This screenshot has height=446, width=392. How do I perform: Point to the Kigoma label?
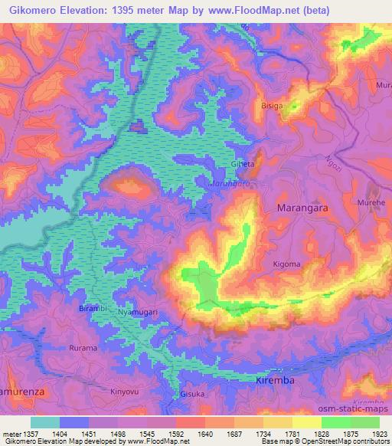[x=286, y=264]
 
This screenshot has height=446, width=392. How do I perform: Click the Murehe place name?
[x=370, y=202]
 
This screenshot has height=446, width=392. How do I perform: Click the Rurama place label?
[x=83, y=348]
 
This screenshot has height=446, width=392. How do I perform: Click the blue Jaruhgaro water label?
[x=230, y=184]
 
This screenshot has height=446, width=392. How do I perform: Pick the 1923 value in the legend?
[x=376, y=434]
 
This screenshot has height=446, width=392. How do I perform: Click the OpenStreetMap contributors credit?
[x=343, y=442]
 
